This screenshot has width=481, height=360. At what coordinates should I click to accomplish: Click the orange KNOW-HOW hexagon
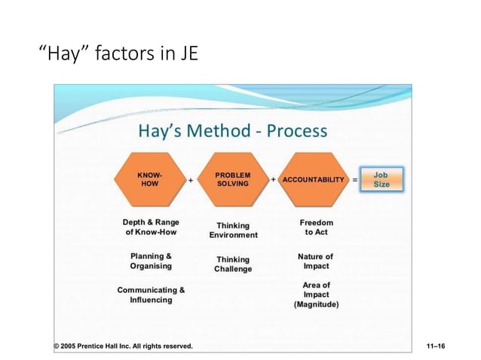(151, 179)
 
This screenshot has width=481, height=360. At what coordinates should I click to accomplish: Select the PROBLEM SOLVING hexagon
(232, 179)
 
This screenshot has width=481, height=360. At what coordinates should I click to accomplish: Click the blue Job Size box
(381, 179)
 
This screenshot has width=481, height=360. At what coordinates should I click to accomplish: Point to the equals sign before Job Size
(355, 180)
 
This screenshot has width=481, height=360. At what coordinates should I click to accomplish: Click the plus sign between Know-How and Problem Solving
(190, 181)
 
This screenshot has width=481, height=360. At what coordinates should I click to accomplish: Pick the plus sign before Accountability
(272, 180)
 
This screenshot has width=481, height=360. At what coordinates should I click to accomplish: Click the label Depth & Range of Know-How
(151, 227)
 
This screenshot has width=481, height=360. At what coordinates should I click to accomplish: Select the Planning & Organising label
(151, 261)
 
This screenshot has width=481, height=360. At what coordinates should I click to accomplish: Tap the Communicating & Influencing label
(151, 294)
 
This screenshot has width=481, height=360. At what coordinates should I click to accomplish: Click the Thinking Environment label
(233, 230)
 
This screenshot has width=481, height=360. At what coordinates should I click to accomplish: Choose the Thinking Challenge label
(233, 264)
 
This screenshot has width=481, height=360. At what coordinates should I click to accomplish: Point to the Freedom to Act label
(316, 227)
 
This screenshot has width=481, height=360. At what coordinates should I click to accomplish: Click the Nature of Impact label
(315, 261)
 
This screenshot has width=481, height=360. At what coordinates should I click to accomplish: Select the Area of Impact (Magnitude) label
(316, 294)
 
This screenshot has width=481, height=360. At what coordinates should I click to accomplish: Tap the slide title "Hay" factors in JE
(118, 54)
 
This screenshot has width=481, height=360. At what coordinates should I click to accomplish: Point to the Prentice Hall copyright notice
(123, 346)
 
